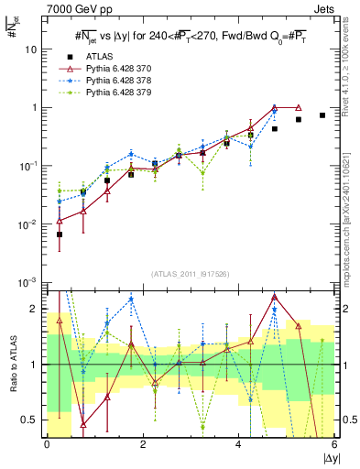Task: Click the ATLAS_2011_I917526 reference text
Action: pyautogui.click(x=190, y=274)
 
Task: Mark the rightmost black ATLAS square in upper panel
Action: pyautogui.click(x=322, y=115)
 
